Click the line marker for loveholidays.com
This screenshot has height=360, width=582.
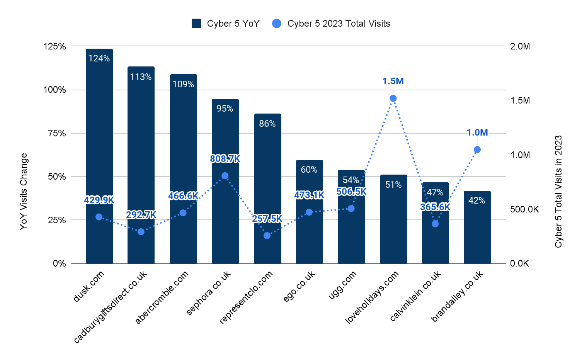click(x=393, y=98)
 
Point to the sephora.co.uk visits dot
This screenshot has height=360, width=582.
click(x=225, y=176)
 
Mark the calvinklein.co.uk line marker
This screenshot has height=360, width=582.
click(x=435, y=224)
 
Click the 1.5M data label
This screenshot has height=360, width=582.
click(x=393, y=82)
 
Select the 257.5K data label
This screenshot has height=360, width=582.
click(x=267, y=219)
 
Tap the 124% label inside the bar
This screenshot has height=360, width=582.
click(x=99, y=58)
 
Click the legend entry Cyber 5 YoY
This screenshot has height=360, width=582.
click(x=226, y=24)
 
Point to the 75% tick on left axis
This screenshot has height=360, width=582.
click(x=57, y=133)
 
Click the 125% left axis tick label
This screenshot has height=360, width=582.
click(x=55, y=46)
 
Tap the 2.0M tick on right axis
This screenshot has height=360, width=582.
click(x=520, y=46)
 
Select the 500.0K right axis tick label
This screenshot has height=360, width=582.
click(x=524, y=209)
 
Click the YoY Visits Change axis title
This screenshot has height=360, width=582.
click(x=24, y=191)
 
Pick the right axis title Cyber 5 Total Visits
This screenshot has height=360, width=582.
click(x=558, y=191)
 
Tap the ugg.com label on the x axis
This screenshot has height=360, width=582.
click(x=343, y=285)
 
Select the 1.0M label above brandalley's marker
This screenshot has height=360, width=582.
click(x=477, y=133)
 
